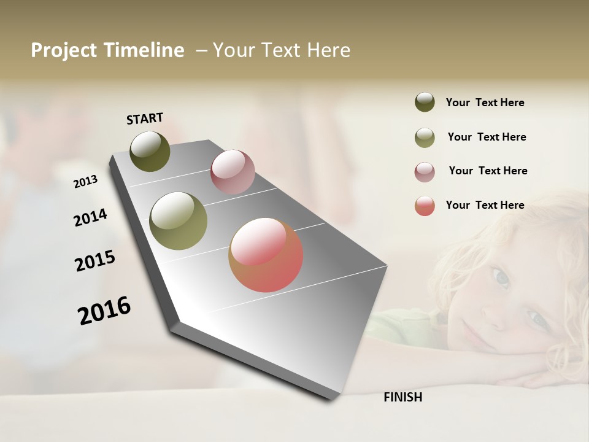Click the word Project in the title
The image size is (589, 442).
[64, 50]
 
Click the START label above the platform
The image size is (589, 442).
[145, 118]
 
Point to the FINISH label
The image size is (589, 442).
[403, 397]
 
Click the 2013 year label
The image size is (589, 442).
[85, 182]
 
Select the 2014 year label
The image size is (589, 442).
[90, 217]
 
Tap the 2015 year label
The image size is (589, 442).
[95, 261]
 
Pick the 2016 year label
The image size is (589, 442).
[104, 311]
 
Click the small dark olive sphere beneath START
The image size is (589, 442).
[150, 151]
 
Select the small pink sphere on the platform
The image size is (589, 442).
[233, 172]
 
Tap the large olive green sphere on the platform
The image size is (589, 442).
[179, 221]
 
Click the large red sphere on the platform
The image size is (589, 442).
[266, 255]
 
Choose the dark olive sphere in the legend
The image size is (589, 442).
[425, 102]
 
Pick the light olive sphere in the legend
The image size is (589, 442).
[425, 137]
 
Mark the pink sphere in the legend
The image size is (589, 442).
[425, 171]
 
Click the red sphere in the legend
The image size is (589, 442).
[425, 206]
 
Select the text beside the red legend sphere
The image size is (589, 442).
[485, 205]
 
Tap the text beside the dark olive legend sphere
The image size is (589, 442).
[485, 103]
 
